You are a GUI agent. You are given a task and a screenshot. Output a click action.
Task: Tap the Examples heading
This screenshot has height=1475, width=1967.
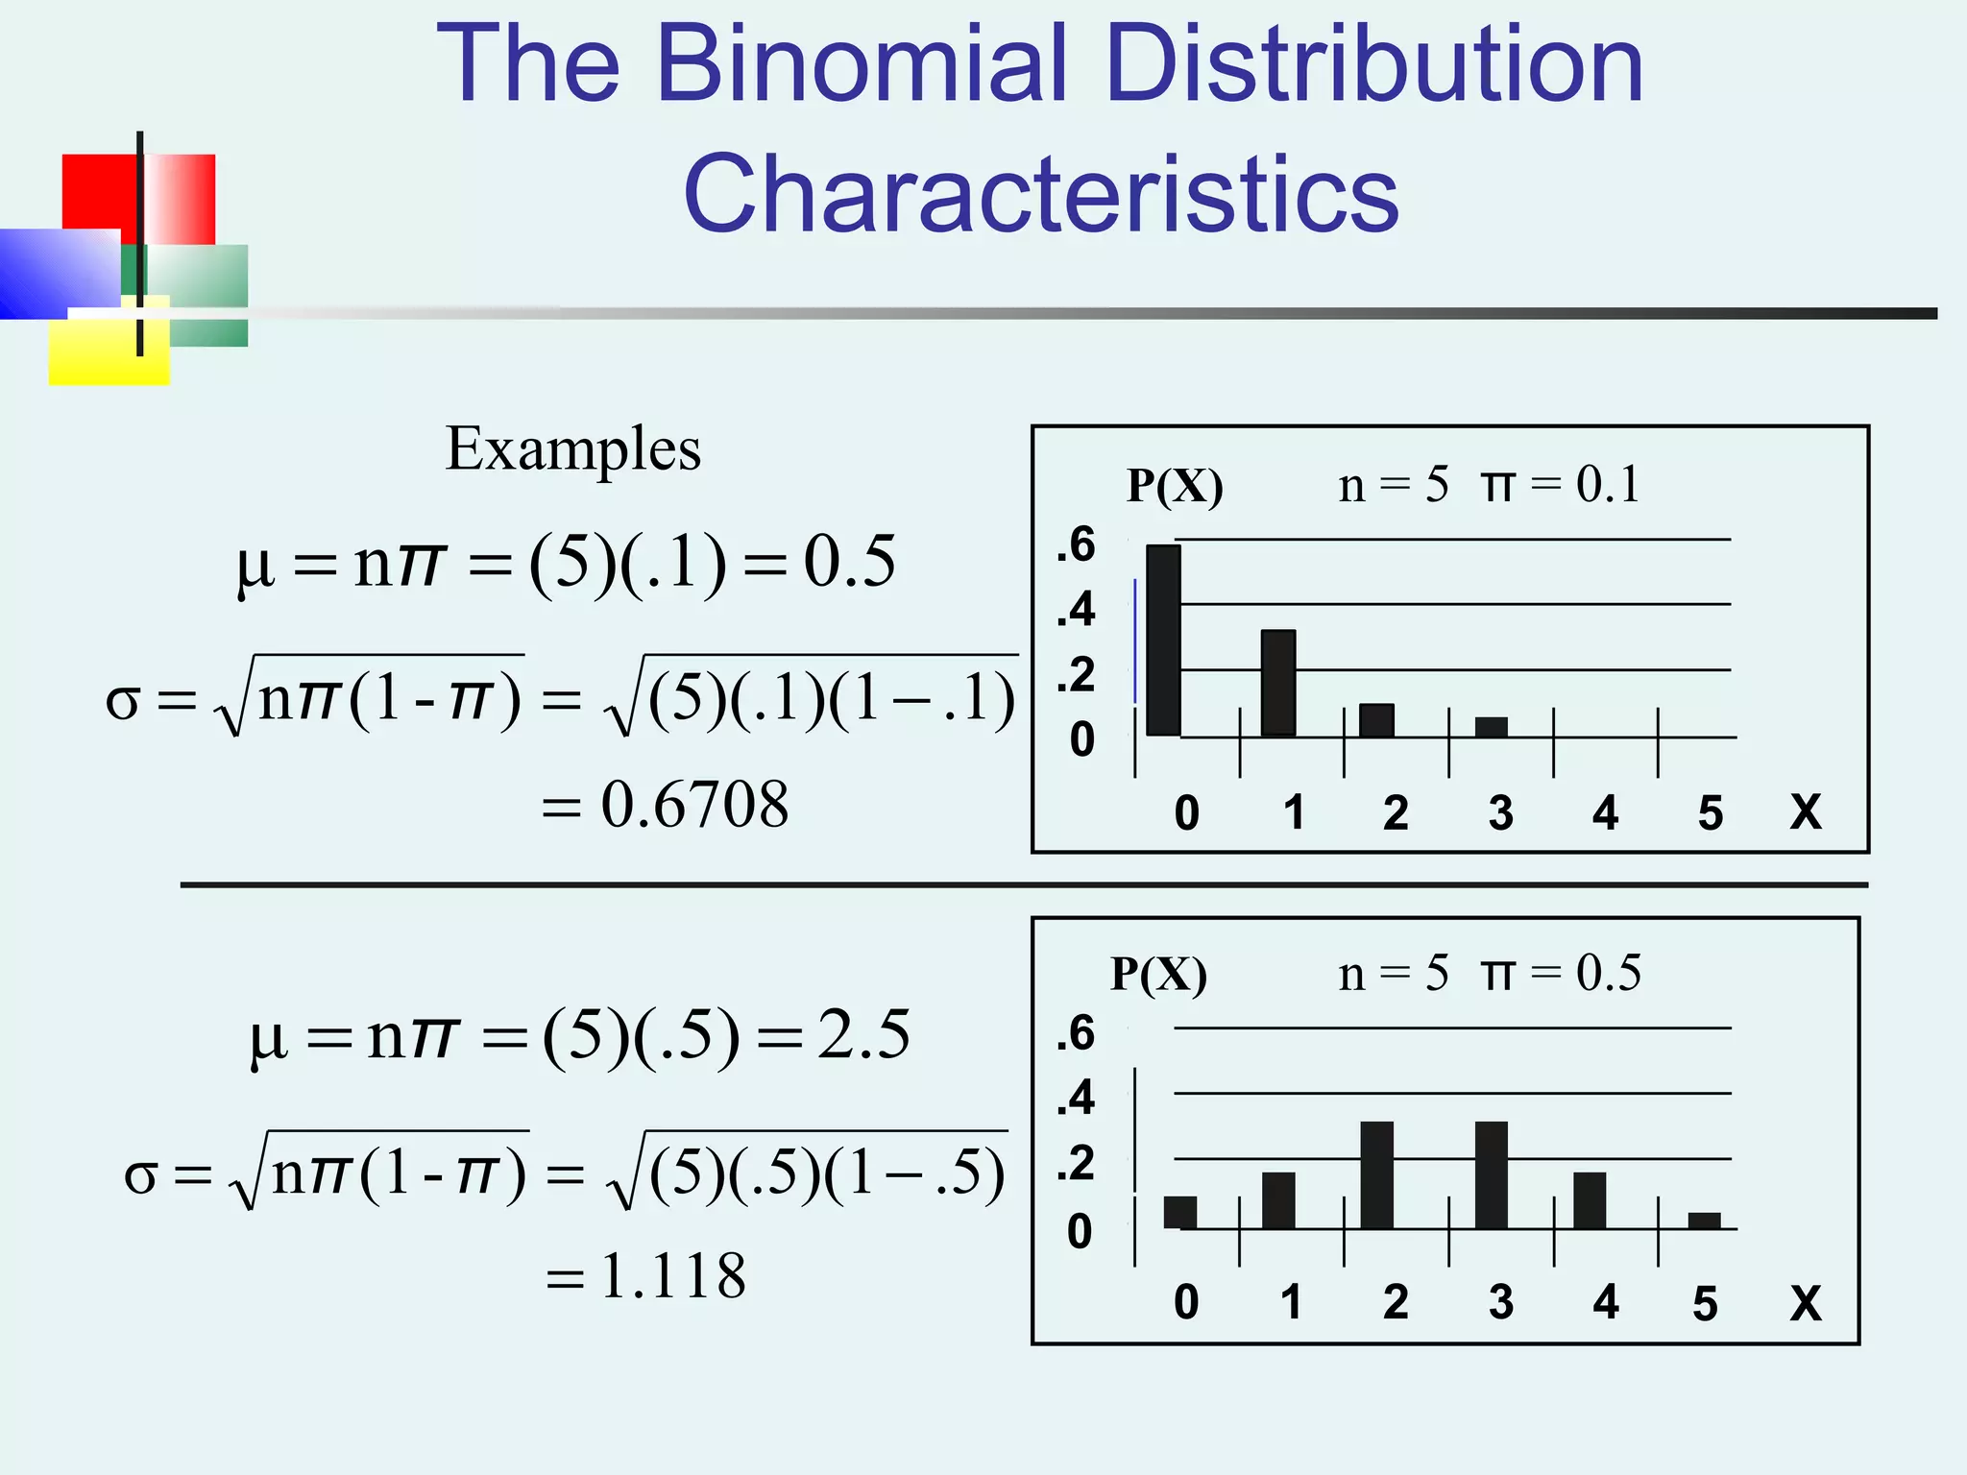coord(573,449)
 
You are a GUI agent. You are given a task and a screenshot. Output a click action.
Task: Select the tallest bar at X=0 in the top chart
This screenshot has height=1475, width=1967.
coord(1163,640)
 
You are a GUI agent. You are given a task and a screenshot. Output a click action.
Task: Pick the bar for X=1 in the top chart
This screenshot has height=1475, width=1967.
coord(1278,683)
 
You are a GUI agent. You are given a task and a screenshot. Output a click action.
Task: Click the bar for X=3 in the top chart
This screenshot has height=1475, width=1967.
coord(1491,727)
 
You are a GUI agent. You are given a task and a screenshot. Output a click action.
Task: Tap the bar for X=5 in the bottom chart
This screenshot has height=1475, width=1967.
coord(1704,1221)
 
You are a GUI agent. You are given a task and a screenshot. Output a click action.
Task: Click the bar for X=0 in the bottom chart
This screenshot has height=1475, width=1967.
coord(1179,1212)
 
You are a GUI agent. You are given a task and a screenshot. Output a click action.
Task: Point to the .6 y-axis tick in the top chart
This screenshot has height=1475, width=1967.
coord(1076,544)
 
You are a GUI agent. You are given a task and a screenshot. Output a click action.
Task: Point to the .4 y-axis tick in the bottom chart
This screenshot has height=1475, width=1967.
coord(1076,1097)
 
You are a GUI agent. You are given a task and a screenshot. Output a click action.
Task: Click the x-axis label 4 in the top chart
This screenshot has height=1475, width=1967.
coord(1605,813)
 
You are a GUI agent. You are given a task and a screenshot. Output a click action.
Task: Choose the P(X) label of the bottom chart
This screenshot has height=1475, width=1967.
coord(1158,974)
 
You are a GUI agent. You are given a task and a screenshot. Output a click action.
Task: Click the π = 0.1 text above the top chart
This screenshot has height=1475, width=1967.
coord(1560,484)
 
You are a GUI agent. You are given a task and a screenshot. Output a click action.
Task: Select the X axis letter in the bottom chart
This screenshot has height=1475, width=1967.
coord(1806,1303)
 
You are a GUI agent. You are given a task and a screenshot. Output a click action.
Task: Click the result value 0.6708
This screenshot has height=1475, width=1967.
coord(693,804)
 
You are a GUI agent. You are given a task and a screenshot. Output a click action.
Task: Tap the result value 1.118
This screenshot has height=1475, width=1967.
coord(672,1276)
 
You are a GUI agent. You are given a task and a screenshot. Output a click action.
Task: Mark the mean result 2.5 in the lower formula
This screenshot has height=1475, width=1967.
coord(863,1035)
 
